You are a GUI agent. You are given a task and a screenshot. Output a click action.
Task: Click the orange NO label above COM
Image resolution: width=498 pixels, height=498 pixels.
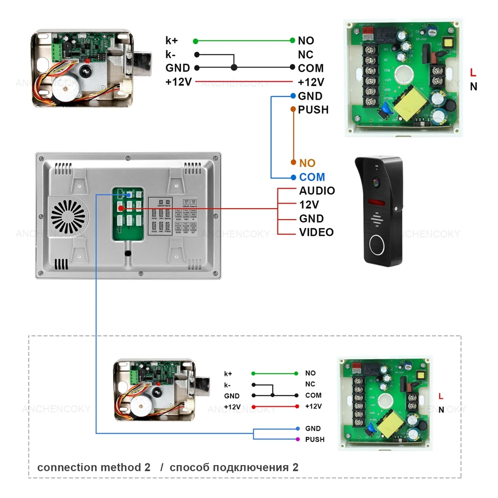pos(307,163)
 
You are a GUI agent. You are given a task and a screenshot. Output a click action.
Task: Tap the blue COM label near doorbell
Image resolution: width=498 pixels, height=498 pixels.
pos(312,177)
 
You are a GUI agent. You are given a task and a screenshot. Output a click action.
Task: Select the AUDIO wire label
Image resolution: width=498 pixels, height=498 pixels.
pos(317,191)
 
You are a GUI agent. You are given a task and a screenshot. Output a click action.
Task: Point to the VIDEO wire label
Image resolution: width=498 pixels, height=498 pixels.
pos(316,232)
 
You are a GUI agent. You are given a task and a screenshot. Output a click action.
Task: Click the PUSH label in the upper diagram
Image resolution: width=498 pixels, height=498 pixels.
pos(313,110)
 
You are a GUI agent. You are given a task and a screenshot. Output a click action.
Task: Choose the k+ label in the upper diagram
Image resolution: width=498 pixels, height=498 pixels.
pos(172,41)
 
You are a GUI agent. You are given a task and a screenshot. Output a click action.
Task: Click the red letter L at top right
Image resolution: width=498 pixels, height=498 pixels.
pos(473,73)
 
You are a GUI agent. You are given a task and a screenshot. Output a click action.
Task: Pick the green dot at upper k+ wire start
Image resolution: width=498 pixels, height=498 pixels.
pos(196,41)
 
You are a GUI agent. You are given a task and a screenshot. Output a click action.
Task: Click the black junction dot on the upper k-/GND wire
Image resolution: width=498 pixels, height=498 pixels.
pos(234,68)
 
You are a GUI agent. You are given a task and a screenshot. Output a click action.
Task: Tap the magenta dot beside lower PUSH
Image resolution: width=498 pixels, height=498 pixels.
pos(298,439)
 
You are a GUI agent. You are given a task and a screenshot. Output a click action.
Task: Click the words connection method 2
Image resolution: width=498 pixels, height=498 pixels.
pos(94,468)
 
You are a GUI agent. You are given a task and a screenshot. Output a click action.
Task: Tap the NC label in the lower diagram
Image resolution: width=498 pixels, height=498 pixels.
pos(310,384)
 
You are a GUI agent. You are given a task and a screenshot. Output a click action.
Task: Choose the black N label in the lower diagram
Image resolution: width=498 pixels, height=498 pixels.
pos(441,410)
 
